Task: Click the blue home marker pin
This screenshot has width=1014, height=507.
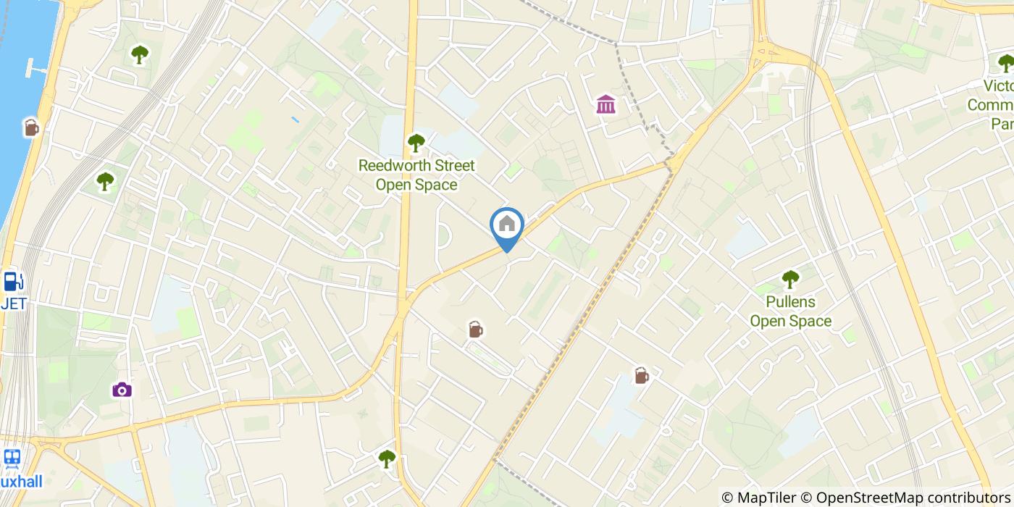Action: coord(507,226)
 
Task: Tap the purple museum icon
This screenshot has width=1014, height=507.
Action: coord(606,104)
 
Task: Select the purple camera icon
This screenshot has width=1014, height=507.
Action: coord(122,390)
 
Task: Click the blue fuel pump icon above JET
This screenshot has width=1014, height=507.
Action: coord(12,281)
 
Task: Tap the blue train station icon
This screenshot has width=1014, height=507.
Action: coord(11,458)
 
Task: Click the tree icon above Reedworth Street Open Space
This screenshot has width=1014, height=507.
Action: coord(416,143)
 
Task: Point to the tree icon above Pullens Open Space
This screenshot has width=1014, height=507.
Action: coord(790,279)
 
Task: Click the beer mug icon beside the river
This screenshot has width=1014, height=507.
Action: coord(30,127)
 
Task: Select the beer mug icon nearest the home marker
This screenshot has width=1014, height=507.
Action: coord(475,330)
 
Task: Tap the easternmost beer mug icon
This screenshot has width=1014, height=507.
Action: coord(641,375)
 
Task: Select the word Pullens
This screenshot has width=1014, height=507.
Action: coord(790,302)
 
